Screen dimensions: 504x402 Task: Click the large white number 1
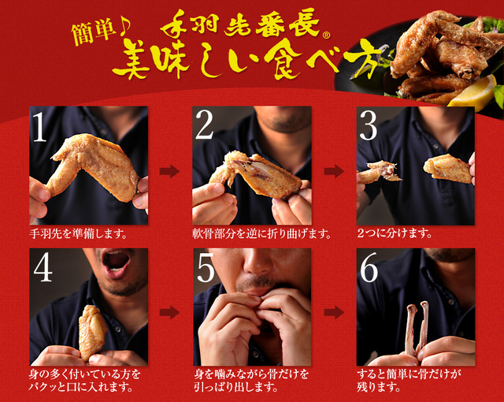coord(40,126)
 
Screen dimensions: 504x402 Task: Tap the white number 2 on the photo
coord(205,125)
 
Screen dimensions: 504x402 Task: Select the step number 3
coord(369,126)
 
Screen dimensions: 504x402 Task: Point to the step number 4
coord(43,267)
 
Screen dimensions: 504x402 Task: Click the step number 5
coord(206,267)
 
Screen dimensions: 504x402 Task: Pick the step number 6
coord(369,267)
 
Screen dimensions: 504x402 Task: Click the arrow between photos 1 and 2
coord(169,171)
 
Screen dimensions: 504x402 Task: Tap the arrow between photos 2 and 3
coord(334,171)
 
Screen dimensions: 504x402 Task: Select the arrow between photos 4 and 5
coord(169,312)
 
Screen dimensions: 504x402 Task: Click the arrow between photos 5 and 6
coord(334,312)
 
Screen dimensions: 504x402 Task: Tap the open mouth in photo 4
coord(116,261)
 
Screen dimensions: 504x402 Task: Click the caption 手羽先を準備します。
coord(78,234)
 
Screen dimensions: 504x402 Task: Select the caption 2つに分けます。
coord(395,233)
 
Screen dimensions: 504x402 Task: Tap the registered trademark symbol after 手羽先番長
coord(326,35)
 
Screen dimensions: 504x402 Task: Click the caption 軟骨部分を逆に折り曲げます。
coord(262,234)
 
